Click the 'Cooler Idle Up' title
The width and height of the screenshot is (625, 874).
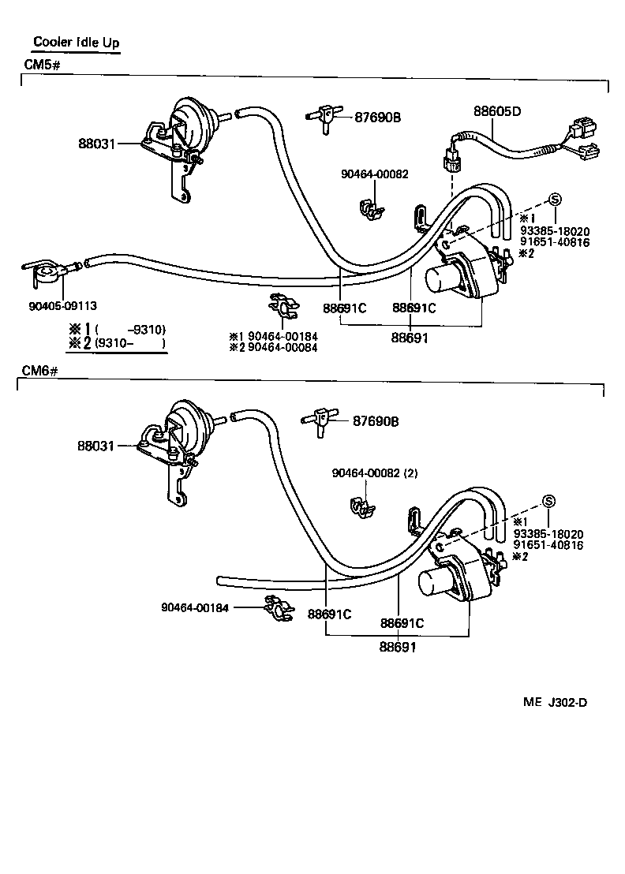click(x=77, y=43)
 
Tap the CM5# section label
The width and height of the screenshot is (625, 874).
click(x=41, y=64)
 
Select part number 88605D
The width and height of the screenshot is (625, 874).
click(x=497, y=111)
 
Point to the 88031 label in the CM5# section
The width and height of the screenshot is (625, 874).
click(x=96, y=144)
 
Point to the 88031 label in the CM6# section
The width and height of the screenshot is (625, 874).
click(x=96, y=446)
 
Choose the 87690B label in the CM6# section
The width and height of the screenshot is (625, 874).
click(x=376, y=422)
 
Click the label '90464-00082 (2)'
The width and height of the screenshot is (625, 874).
click(x=375, y=473)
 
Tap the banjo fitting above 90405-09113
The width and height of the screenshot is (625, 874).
click(x=46, y=271)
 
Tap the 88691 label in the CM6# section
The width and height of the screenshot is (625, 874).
click(x=398, y=648)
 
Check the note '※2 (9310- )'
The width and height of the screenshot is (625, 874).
click(x=118, y=343)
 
